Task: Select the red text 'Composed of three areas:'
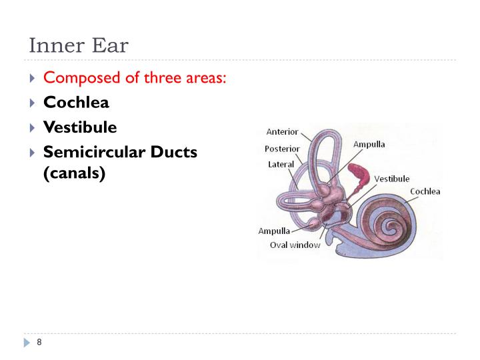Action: click(135, 78)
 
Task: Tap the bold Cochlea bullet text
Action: click(76, 103)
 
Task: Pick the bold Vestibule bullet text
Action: click(79, 127)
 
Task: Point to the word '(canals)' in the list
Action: click(74, 175)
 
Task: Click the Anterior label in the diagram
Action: click(282, 132)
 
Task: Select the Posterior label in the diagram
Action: click(282, 149)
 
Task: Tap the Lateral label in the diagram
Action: click(281, 165)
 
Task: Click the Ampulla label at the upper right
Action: click(369, 144)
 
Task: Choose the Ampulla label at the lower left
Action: click(274, 231)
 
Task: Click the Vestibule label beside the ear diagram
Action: click(391, 179)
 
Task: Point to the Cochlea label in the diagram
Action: click(425, 192)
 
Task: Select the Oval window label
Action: click(295, 245)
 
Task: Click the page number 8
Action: click(39, 343)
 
